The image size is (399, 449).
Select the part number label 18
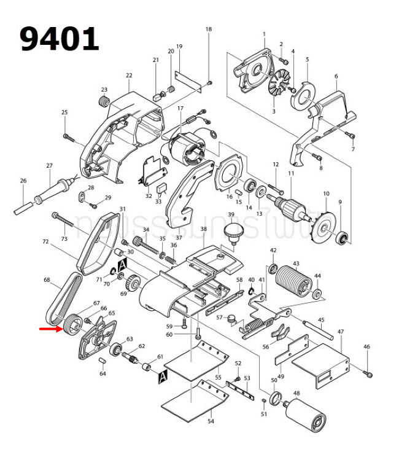(208, 29)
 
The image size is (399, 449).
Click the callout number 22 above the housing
(129, 76)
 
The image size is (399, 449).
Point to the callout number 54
(211, 421)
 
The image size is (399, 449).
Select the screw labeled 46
(368, 372)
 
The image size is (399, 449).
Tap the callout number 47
(340, 332)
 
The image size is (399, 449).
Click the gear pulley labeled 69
(133, 286)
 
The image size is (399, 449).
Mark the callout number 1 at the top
(264, 34)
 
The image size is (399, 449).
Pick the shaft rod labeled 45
(319, 329)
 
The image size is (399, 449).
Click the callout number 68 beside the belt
(47, 280)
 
